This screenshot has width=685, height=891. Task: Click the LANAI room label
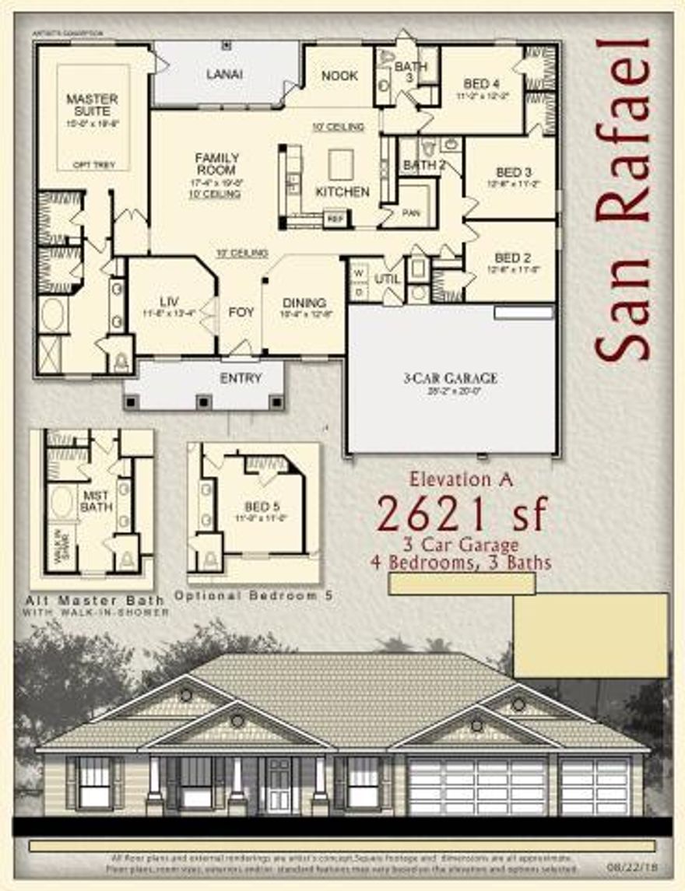[224, 75]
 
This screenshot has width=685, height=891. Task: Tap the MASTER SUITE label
[92, 105]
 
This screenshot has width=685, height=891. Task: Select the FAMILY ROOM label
[216, 164]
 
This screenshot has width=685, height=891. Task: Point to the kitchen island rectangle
[341, 164]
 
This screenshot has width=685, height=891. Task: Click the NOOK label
[339, 75]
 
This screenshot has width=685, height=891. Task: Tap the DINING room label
[304, 303]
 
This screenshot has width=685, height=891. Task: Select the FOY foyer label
[241, 312]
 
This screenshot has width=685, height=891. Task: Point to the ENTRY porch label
[241, 378]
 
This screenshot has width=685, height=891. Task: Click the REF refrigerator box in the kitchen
[335, 219]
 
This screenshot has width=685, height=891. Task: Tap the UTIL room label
[387, 279]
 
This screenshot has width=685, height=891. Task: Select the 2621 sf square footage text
[463, 513]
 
